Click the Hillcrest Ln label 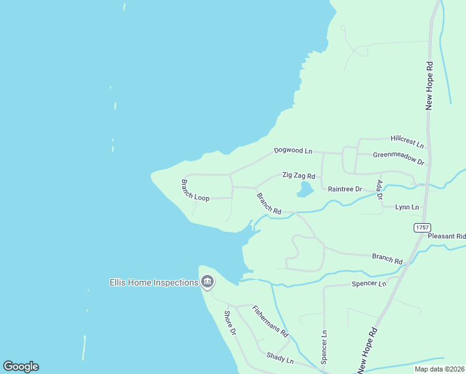(407, 141)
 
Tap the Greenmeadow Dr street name (399, 158)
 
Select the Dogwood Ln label (293, 151)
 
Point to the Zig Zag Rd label (298, 176)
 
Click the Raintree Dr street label (345, 189)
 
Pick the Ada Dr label (379, 189)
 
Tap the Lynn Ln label (407, 207)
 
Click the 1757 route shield (421, 228)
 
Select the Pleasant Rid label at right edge (447, 236)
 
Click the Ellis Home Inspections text (154, 282)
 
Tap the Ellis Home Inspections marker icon (207, 282)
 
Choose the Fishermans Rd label (270, 321)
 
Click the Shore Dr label (230, 323)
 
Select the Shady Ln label (280, 358)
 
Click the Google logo (21, 367)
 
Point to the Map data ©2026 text (439, 369)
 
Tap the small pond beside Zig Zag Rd (305, 189)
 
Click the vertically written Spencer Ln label (324, 347)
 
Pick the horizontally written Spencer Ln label (369, 284)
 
